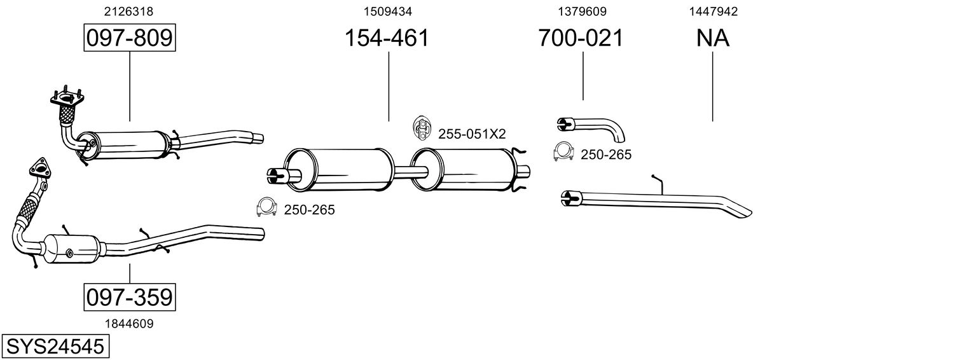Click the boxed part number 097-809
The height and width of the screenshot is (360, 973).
[x=129, y=38]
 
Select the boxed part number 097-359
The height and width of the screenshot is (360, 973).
[x=129, y=297]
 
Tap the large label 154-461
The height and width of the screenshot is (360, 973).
[x=387, y=38]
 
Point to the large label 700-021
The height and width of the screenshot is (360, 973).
[x=581, y=38]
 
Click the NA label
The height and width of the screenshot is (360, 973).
[x=712, y=38]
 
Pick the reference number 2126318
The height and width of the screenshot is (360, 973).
[x=128, y=11]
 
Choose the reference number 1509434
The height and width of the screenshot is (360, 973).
[x=387, y=11]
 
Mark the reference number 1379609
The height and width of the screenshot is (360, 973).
[x=581, y=11]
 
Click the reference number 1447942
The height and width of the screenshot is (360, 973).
[x=712, y=11]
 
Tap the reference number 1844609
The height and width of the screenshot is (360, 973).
[x=129, y=323]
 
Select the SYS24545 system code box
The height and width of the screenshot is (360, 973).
[x=55, y=347]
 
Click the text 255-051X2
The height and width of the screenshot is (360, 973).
[x=471, y=134]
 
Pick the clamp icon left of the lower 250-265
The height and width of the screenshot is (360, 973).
[x=266, y=207]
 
